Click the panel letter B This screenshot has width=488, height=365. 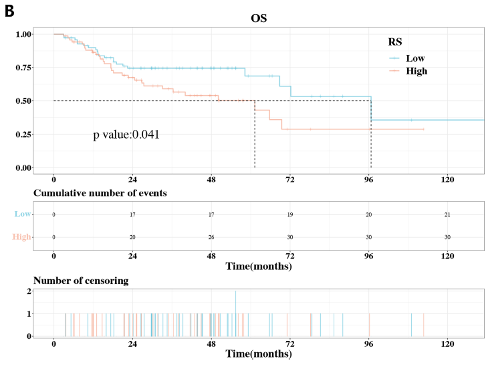pos(9,10)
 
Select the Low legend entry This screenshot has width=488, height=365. pos(414,58)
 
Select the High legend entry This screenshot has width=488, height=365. pos(416,70)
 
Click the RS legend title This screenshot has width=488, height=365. pos(395,42)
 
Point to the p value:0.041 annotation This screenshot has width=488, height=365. pos(126,135)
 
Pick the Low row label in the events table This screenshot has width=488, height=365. pos(22,214)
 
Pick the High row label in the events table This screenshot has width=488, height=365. pos(21,237)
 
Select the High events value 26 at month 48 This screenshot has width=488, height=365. pos(211,237)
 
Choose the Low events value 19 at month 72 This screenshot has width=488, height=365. pos(290,214)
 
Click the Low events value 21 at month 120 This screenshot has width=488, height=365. pos(448,214)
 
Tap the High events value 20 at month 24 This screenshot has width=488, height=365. pos(132,237)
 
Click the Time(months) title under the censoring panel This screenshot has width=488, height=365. pos(258,354)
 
